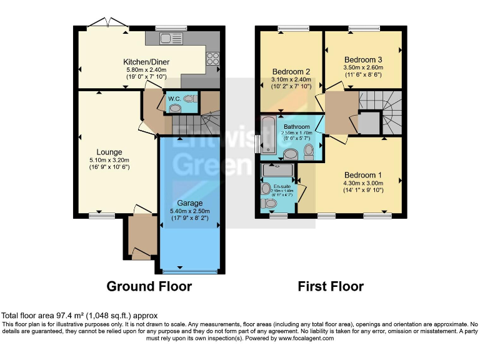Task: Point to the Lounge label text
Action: tap(109, 152)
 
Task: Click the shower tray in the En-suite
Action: tap(277, 169)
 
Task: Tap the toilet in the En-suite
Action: tap(271, 203)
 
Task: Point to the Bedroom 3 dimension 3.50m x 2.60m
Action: tap(363, 67)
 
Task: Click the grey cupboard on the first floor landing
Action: tap(369, 122)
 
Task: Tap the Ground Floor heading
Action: tap(149, 286)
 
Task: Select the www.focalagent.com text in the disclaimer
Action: tap(303, 338)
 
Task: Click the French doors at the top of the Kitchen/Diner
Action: tap(107, 25)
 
